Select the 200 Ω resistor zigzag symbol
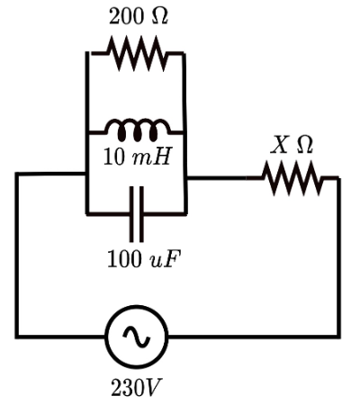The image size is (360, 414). pos(136,53)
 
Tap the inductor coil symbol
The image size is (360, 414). pos(136,130)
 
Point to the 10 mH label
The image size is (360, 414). pos(136,159)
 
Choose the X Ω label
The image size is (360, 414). pos(292,143)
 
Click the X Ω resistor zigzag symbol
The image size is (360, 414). pos(292,177)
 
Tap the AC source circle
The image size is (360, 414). pos(136,337)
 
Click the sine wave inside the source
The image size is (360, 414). pos(136,337)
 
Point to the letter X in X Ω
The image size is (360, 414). pos(280,143)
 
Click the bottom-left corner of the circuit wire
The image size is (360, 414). pos(17,337)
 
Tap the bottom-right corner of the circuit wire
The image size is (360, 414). pos(339,337)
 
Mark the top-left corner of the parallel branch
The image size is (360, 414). pos(87,53)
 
